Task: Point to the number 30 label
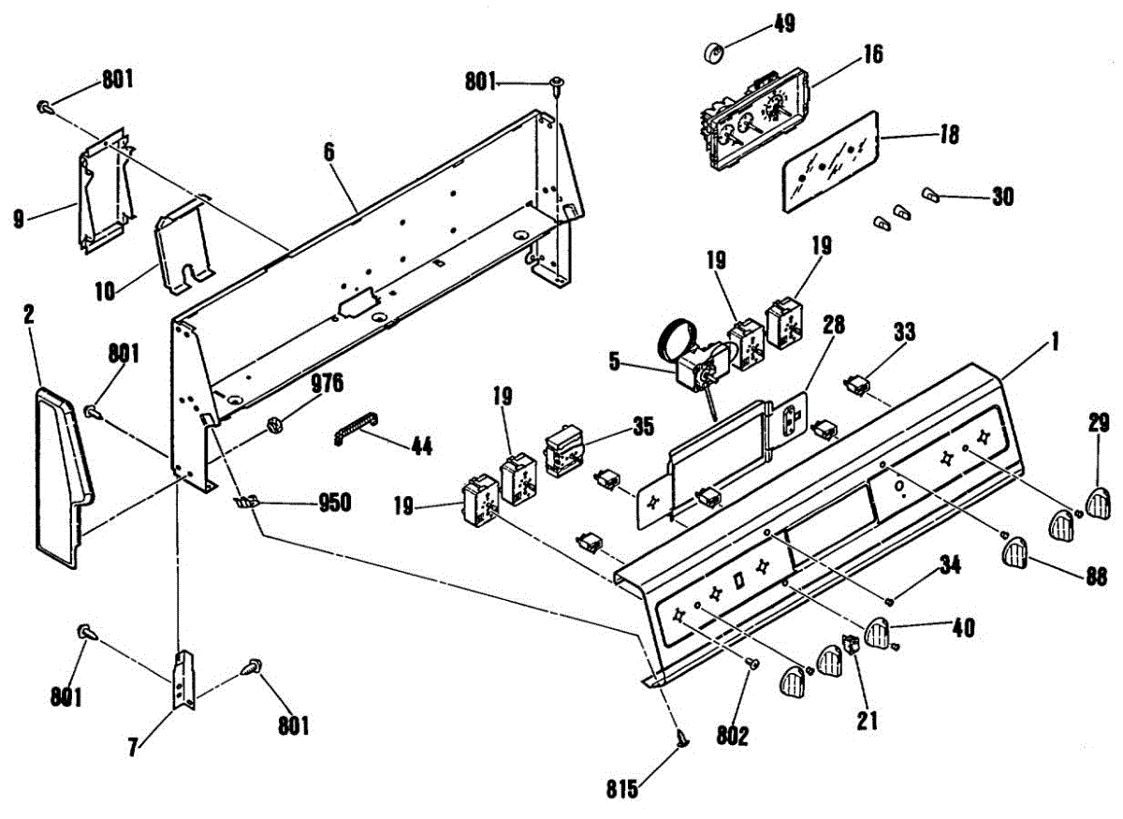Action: click(1002, 197)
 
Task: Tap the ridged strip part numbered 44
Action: click(357, 434)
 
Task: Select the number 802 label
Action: click(733, 737)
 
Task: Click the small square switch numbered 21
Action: click(851, 645)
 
